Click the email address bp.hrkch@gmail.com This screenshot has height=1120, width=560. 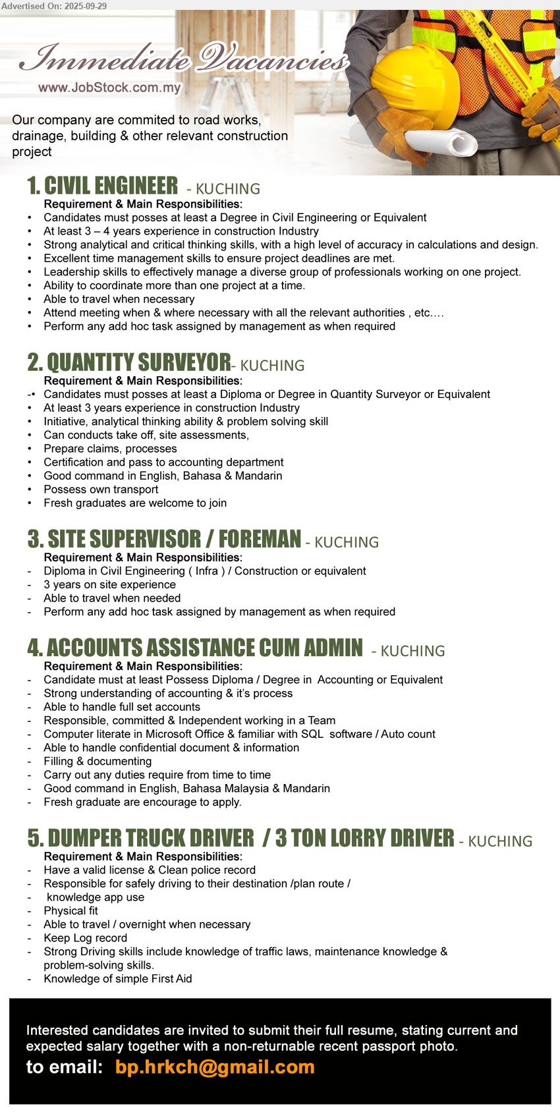pos(215,1067)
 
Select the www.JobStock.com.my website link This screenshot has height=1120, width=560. pos(109,88)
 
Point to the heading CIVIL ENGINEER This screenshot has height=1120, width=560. pos(111,186)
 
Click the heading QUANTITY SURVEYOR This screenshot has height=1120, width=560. pos(138,363)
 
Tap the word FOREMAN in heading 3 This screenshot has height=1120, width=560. pos(260,540)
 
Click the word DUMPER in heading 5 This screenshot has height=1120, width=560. pos(84,839)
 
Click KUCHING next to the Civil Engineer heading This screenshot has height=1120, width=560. pos(228,189)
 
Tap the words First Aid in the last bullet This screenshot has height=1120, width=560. pos(171,978)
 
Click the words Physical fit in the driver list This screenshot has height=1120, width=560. pos(70,910)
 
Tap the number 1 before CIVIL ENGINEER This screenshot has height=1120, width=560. pos(33,186)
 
